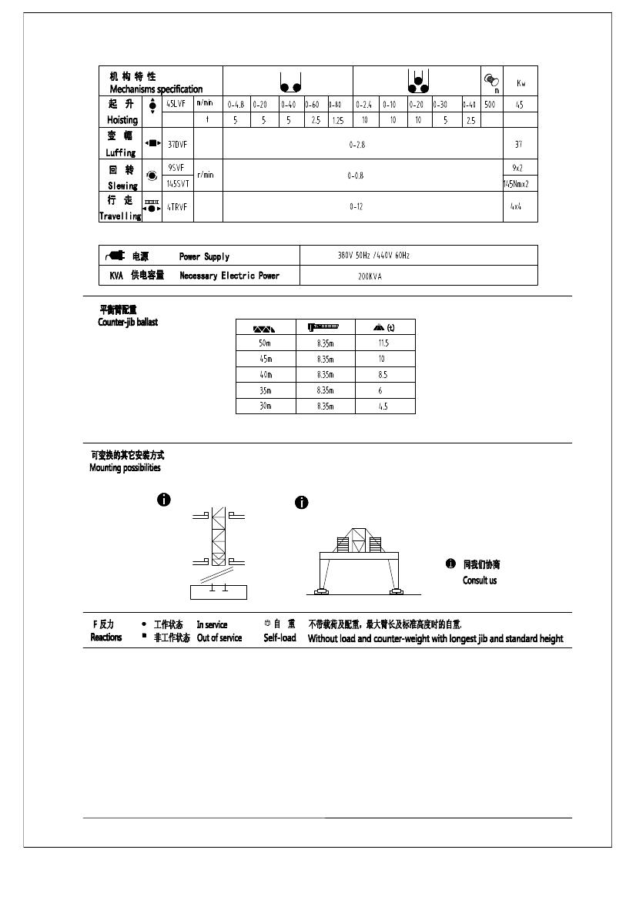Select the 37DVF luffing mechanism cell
pos(177,144)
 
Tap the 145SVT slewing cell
pos(178,183)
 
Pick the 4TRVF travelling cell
pos(177,206)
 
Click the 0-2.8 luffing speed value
pos(357,144)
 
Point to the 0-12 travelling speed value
pos(356,206)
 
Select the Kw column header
pos(521,82)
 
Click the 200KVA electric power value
pos(370,276)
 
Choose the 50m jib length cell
pos(265,343)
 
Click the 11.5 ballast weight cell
pos(383,343)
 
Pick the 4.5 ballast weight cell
pos(383,407)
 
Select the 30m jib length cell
pos(265,407)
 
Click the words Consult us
pos(480,580)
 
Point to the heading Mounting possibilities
pos(125,468)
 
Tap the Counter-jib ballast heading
pos(127,322)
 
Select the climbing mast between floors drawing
pos(219,550)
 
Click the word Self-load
pos(280,638)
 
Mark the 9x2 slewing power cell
pos(518,167)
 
